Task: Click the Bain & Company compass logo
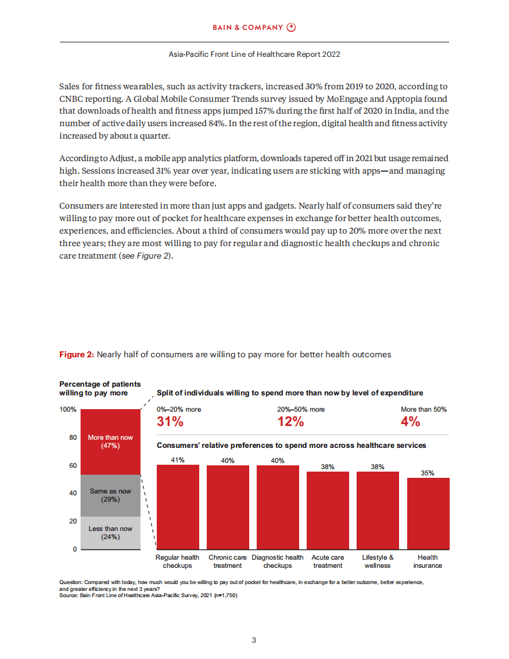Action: [x=291, y=27]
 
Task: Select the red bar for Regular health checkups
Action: [x=178, y=507]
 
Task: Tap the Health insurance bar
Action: [x=428, y=513]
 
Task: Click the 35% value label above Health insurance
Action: [x=428, y=473]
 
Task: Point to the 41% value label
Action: [x=178, y=460]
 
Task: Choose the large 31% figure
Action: [x=170, y=422]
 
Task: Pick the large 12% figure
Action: [x=290, y=422]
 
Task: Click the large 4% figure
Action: [x=410, y=422]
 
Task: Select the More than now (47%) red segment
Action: [x=111, y=442]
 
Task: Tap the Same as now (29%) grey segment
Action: [x=111, y=495]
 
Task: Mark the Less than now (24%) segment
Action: [x=111, y=532]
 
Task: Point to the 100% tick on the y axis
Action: [x=68, y=410]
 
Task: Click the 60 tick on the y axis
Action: [x=72, y=466]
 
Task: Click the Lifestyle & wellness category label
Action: [x=378, y=561]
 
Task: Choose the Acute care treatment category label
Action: [x=328, y=561]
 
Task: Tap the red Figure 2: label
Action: [x=76, y=355]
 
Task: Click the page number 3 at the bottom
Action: [x=254, y=640]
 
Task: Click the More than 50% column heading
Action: [x=423, y=409]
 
